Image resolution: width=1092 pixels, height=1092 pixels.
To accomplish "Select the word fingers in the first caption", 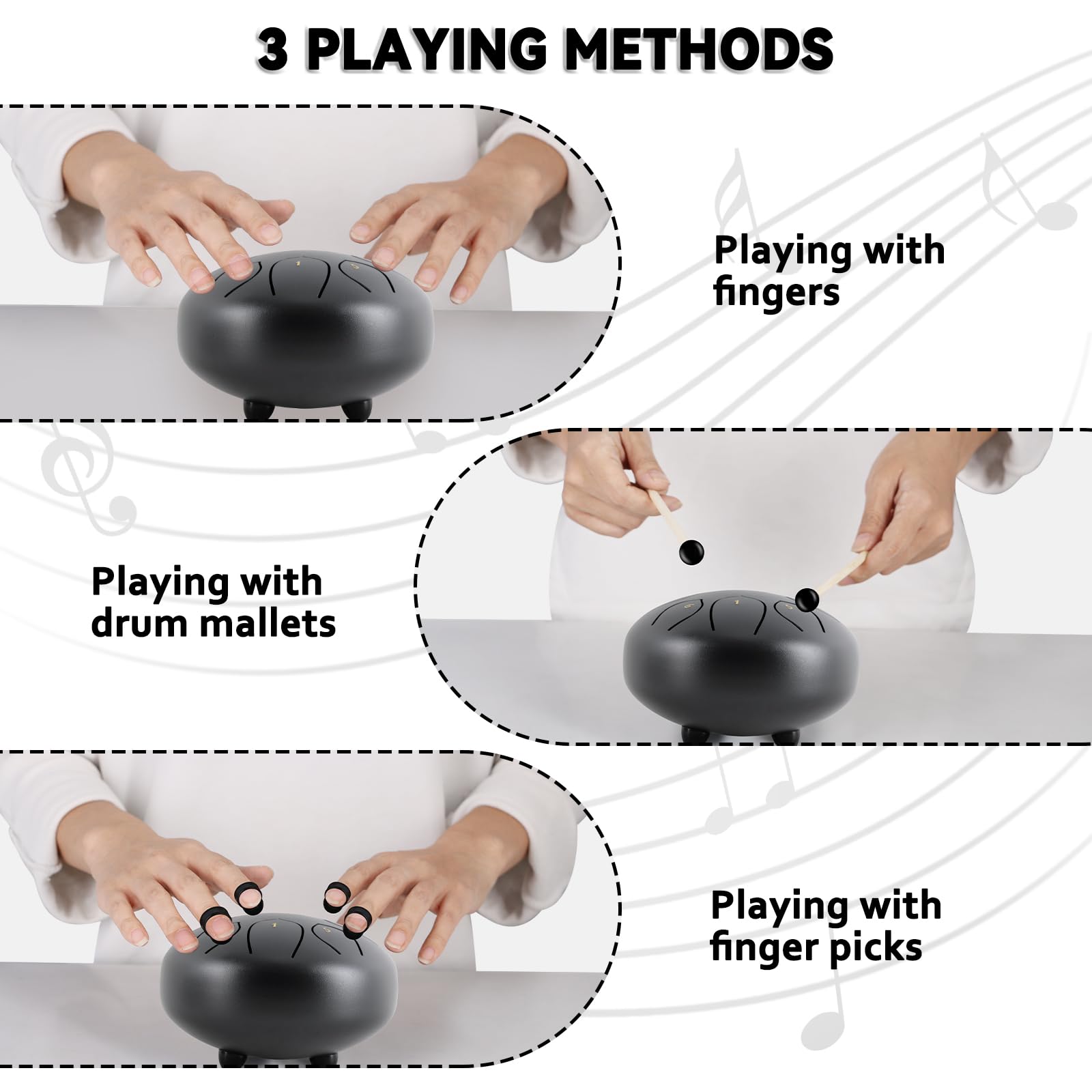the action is point(777,293).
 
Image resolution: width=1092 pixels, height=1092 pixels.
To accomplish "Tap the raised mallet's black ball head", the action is point(691,552).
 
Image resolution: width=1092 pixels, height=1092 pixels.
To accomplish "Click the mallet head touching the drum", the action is point(807,599).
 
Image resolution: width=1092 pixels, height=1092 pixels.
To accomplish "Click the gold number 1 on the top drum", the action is point(298,262).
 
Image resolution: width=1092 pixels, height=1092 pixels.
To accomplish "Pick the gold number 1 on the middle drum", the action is point(736,602).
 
